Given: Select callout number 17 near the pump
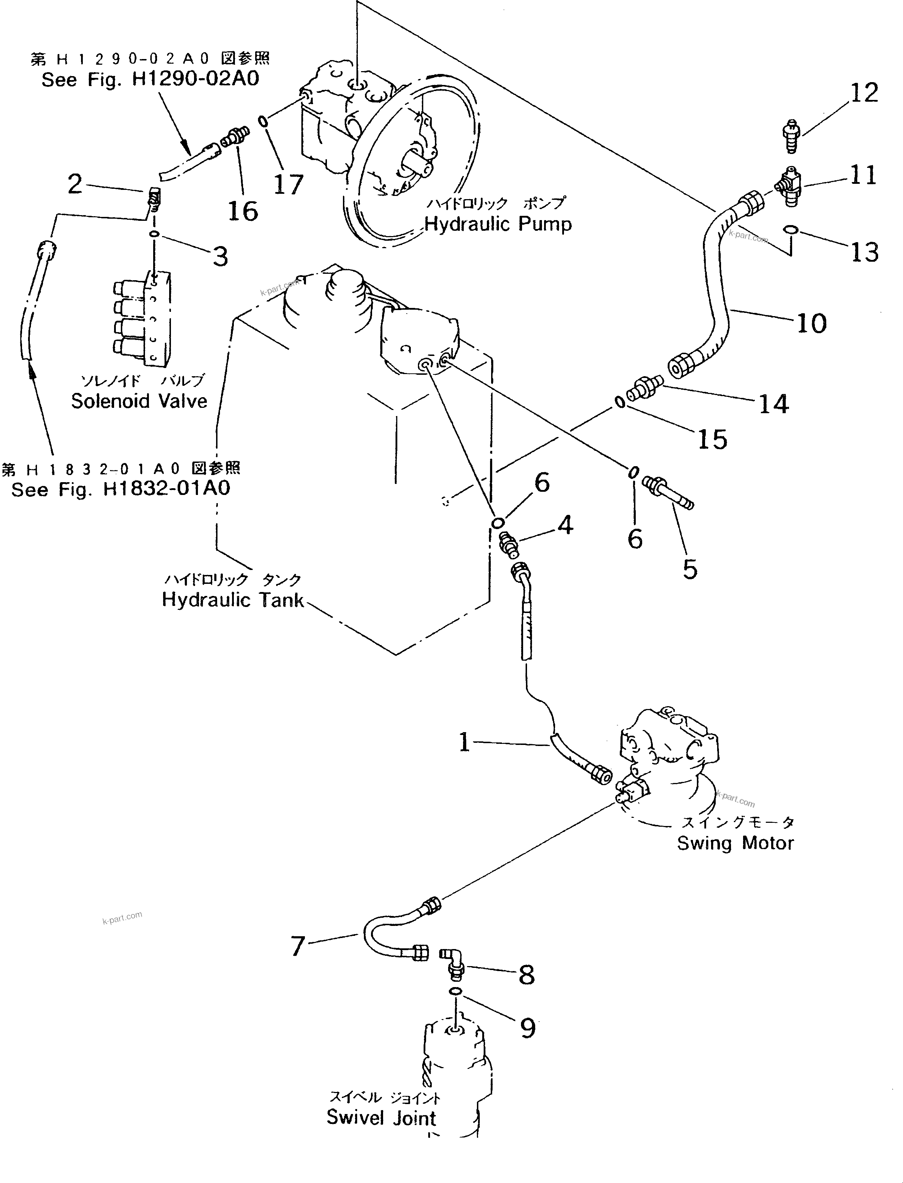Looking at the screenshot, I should tap(289, 185).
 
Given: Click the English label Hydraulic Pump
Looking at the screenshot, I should tap(498, 224).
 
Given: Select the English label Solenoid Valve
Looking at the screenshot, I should tap(139, 401).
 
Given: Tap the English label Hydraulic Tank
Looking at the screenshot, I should tap(233, 599).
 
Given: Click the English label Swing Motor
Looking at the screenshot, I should tap(735, 843).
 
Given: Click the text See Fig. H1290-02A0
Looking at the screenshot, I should tap(151, 80).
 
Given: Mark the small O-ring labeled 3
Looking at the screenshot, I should tap(154, 234).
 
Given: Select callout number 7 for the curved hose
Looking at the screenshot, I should tap(298, 946).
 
